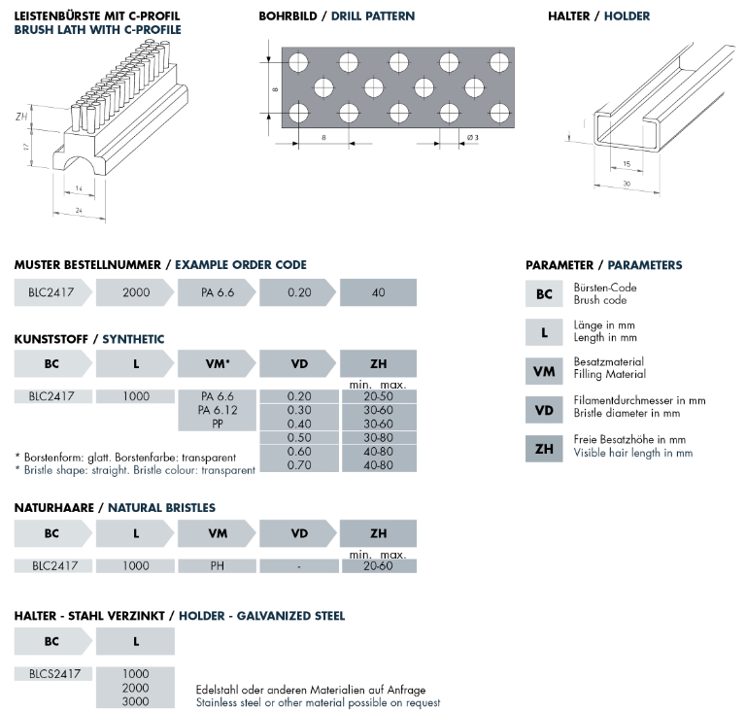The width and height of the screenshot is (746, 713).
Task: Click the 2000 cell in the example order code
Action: (x=135, y=292)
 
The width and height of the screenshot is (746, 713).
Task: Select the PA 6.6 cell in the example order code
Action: (x=218, y=292)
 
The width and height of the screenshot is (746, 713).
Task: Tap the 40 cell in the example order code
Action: (x=378, y=292)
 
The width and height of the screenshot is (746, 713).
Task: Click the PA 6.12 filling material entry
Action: (x=219, y=410)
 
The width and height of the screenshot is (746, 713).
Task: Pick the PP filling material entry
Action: (x=219, y=424)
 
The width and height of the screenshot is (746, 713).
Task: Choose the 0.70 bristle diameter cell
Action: (x=298, y=465)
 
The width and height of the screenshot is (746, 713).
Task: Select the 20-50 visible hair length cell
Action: (x=378, y=396)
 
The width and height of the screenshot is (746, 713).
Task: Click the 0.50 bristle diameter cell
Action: (x=298, y=437)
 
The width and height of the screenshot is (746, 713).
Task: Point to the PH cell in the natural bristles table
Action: (x=219, y=564)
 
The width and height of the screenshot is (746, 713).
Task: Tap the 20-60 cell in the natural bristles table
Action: (x=378, y=564)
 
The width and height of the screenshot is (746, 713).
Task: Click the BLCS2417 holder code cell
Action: (x=53, y=672)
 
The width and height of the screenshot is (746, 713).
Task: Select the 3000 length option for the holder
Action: (x=135, y=700)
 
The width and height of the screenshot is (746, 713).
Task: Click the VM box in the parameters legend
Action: (x=544, y=370)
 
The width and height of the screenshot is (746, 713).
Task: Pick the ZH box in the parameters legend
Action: (x=544, y=448)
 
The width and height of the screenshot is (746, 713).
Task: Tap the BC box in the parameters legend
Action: (x=544, y=293)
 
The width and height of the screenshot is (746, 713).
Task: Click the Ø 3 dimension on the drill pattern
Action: (x=472, y=138)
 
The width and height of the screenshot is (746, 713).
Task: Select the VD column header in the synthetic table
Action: (x=298, y=364)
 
